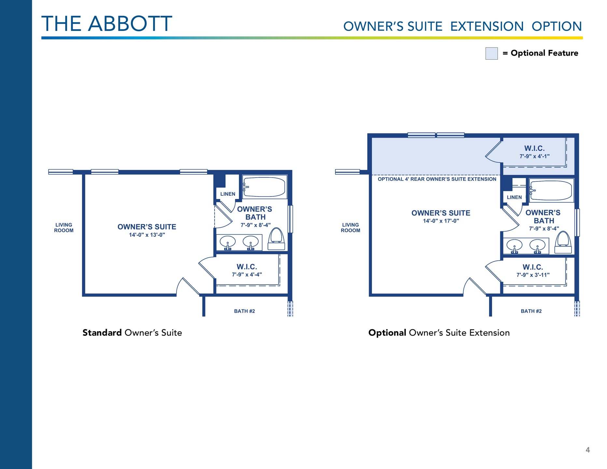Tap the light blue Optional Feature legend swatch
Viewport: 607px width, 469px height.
click(x=491, y=53)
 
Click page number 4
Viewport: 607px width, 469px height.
click(x=587, y=450)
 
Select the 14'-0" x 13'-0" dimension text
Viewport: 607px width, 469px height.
click(x=147, y=235)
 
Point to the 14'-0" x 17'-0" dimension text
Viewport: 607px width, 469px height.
click(x=441, y=221)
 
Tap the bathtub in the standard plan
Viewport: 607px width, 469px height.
click(x=264, y=187)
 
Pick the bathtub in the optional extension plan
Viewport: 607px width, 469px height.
click(x=551, y=190)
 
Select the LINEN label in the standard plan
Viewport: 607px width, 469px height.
click(x=228, y=194)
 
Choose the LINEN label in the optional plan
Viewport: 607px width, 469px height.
click(x=514, y=197)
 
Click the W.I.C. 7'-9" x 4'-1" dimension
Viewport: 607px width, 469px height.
click(x=534, y=156)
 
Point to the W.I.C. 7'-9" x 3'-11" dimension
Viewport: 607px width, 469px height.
click(x=533, y=275)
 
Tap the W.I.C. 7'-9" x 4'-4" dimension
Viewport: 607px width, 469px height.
click(x=247, y=275)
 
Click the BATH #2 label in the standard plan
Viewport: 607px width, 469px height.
click(x=245, y=311)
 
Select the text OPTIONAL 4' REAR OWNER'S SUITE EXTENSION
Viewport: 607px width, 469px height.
click(x=437, y=179)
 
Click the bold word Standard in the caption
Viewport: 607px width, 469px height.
click(x=102, y=333)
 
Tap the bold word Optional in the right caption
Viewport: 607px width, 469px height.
click(x=387, y=333)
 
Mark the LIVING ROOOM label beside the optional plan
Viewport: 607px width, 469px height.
click(x=350, y=228)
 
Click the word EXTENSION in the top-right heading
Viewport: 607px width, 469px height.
click(x=487, y=26)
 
